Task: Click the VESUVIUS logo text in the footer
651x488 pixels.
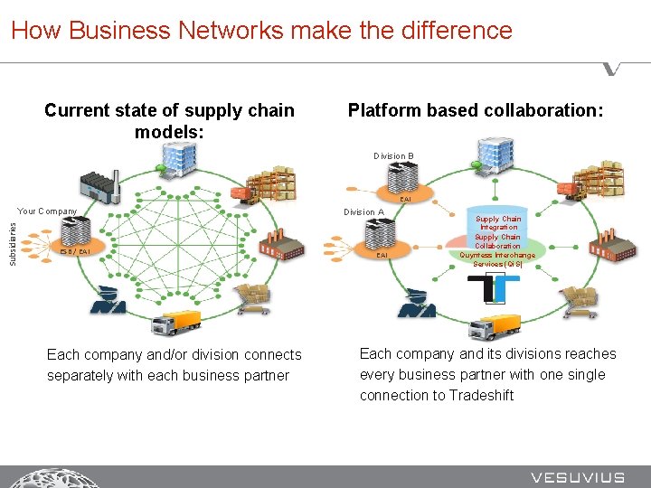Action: [x=578, y=477]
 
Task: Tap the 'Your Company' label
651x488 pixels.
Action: [x=48, y=211]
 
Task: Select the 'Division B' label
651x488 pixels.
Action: [x=393, y=156]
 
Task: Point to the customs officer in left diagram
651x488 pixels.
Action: [x=107, y=299]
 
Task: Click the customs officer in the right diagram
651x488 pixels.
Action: [x=417, y=303]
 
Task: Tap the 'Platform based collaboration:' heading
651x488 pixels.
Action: [x=476, y=110]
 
